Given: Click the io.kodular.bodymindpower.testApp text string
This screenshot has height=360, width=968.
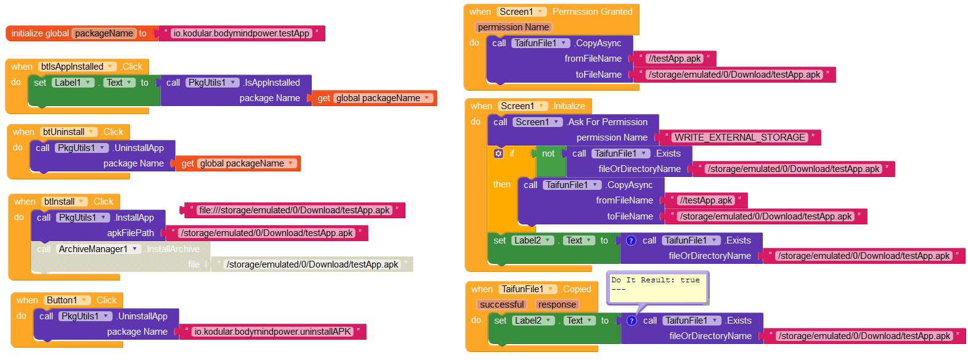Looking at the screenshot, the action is tap(242, 33).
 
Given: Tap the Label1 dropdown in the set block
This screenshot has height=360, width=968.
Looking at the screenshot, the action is tap(73, 83).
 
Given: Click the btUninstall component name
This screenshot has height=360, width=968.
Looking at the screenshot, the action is tap(63, 132).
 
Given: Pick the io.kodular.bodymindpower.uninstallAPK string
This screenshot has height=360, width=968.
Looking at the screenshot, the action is tap(273, 332).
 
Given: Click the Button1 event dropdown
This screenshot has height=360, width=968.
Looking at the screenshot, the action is tap(67, 300).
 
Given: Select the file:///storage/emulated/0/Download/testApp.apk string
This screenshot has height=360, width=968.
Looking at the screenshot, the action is tap(295, 210).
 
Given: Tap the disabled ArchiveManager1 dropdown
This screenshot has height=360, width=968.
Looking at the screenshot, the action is tap(99, 249).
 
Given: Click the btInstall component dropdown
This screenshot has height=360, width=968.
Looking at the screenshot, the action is tap(64, 202).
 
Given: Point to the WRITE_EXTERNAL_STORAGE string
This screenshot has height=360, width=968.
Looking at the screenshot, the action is tap(740, 137).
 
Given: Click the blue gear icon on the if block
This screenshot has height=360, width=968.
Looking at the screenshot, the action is tap(498, 153).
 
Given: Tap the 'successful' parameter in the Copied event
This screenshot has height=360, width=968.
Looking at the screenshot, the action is tap(502, 305).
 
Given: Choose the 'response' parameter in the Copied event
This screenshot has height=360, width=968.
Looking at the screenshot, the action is tap(557, 305).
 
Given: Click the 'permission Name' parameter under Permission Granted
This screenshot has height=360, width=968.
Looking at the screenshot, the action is tap(513, 27).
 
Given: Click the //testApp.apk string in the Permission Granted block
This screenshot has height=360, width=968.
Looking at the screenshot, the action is tap(675, 59).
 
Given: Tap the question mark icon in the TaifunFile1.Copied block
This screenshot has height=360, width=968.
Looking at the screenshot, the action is tap(632, 321).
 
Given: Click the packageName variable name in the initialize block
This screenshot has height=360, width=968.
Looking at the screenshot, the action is tap(104, 33).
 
